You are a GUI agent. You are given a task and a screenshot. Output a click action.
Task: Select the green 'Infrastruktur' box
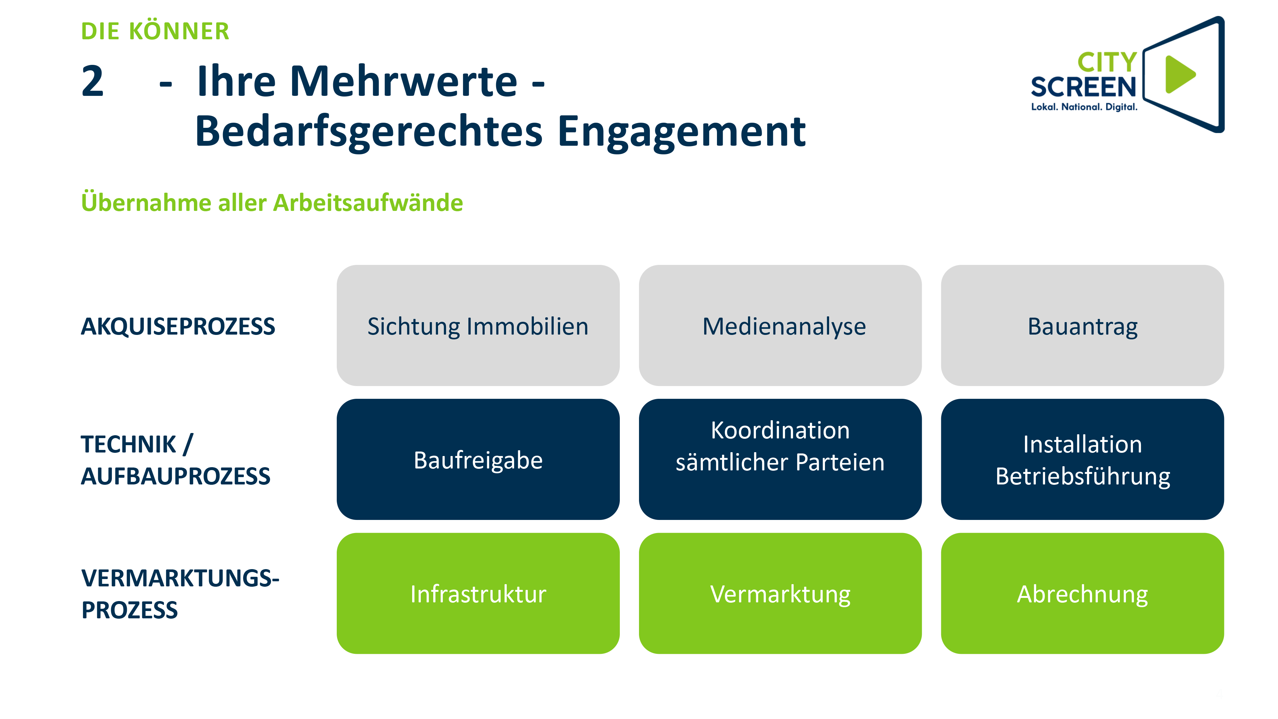[x=478, y=593]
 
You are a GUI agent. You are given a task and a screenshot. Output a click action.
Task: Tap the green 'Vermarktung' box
[x=780, y=593]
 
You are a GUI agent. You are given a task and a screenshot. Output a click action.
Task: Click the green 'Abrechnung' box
[x=1082, y=593]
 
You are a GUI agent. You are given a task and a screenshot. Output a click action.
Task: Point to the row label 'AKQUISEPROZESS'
[x=178, y=327]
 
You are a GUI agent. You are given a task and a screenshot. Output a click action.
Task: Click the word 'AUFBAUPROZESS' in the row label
[x=176, y=476]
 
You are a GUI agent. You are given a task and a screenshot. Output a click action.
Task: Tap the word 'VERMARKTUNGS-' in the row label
[x=180, y=578]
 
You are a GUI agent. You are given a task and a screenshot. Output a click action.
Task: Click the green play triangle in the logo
[x=1180, y=74]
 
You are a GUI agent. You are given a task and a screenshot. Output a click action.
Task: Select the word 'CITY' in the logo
[x=1107, y=63]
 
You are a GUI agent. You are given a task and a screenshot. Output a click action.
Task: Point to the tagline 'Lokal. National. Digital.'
[x=1084, y=107]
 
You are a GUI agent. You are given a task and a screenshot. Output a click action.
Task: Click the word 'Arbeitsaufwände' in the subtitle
[x=368, y=203]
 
